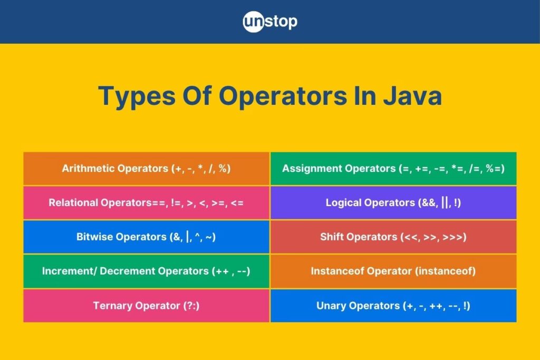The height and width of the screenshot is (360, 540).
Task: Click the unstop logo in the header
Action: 270,22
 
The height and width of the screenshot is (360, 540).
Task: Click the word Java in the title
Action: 412,96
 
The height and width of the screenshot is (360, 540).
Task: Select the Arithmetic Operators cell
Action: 147,169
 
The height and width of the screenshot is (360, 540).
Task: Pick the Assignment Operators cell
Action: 393,169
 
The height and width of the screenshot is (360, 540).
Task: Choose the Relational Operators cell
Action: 147,203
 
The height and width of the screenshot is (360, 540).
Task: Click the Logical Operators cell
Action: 393,203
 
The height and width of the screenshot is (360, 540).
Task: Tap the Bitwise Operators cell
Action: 147,237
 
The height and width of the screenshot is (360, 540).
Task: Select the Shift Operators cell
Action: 393,237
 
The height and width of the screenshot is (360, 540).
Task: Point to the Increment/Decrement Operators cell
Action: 147,271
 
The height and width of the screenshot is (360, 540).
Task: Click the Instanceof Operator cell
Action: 393,271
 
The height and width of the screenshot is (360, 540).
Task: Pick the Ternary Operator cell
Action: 147,306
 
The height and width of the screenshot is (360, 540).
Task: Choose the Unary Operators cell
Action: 393,306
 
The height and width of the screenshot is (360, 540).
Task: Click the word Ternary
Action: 112,306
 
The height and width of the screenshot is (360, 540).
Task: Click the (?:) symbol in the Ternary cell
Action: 191,306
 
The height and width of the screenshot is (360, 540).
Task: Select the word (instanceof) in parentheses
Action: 445,271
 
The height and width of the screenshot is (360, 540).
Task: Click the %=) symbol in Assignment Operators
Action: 495,169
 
